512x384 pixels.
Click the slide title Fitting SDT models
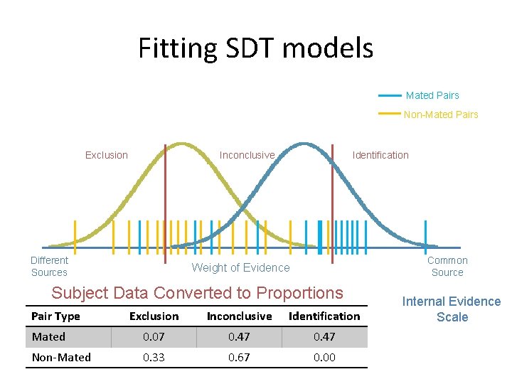[255, 48]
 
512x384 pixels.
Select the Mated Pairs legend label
[432, 95]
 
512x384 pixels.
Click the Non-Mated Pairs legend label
[441, 114]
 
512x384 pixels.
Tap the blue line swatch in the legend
[390, 95]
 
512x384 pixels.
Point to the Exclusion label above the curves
[107, 155]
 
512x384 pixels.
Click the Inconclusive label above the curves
[247, 155]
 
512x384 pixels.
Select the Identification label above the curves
[380, 155]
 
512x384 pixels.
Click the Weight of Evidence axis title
[241, 267]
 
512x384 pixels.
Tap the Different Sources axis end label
[50, 266]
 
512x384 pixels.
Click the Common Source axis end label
[447, 266]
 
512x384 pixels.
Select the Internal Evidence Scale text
[452, 309]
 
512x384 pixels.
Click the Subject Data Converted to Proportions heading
[197, 293]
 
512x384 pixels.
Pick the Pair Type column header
[56, 316]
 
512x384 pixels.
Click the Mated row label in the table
[48, 337]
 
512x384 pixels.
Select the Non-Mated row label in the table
[61, 358]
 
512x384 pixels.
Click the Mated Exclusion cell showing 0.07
[154, 337]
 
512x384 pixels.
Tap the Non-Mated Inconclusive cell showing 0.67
[239, 358]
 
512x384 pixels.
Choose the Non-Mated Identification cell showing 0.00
[324, 358]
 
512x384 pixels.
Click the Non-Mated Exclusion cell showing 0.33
[154, 358]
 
